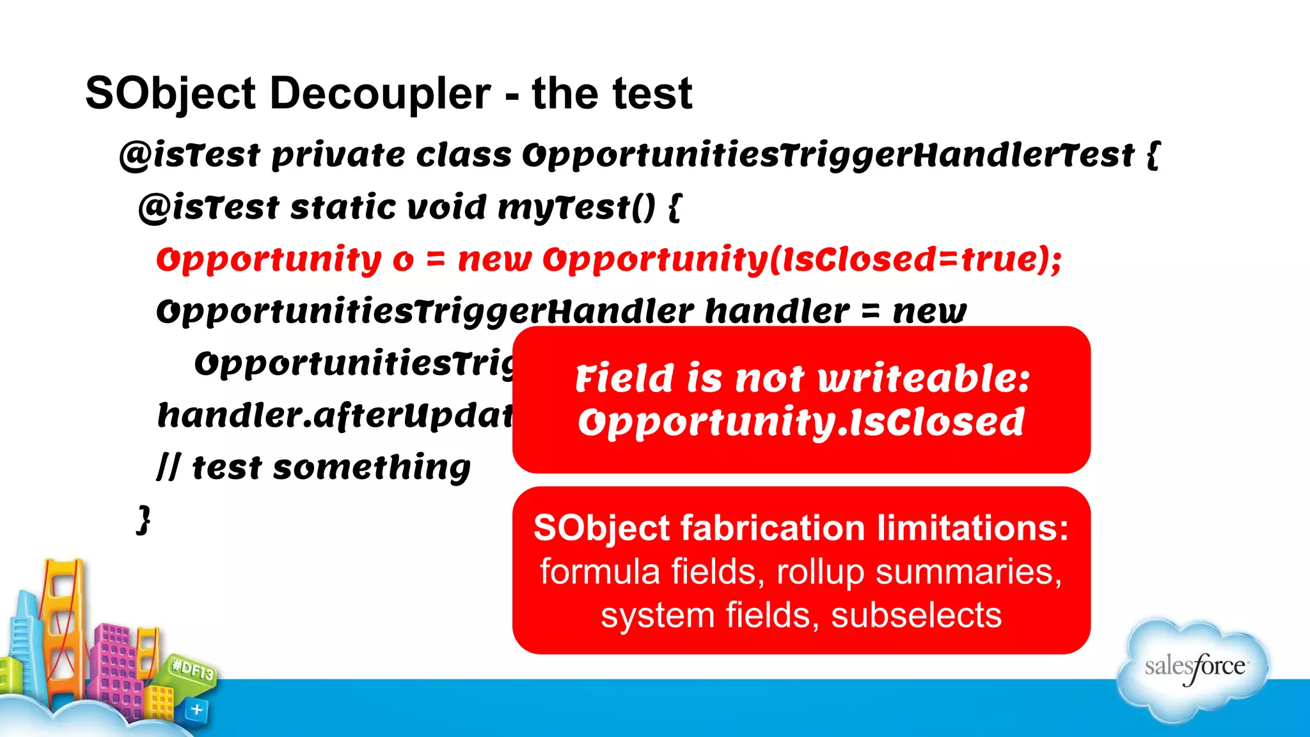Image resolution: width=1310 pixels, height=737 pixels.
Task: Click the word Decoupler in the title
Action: point(380,94)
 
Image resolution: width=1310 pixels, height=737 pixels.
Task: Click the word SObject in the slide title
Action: point(170,94)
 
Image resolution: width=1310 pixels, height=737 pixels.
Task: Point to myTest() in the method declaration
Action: point(576,207)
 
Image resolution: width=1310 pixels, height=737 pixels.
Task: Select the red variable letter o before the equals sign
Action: point(403,260)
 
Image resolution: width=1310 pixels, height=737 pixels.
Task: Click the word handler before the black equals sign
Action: point(777,311)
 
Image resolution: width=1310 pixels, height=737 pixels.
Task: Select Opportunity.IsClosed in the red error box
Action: point(801,422)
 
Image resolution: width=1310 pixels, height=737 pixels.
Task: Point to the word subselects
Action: point(916,615)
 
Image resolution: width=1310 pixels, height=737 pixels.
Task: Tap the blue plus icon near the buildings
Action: point(197,709)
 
